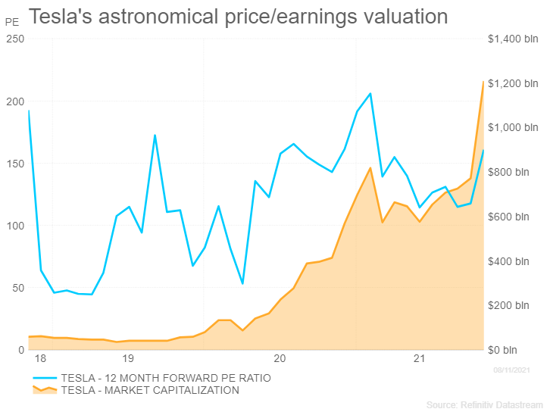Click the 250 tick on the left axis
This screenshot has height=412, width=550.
tap(15, 39)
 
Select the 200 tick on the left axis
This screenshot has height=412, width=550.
tap(15, 101)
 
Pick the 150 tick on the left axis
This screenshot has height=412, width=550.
tap(15, 164)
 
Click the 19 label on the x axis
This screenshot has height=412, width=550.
tap(127, 358)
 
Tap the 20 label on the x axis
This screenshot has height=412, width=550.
tap(280, 358)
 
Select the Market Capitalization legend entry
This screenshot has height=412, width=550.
tap(149, 390)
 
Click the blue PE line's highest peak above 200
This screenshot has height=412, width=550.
tap(370, 93)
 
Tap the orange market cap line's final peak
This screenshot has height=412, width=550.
tap(483, 82)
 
